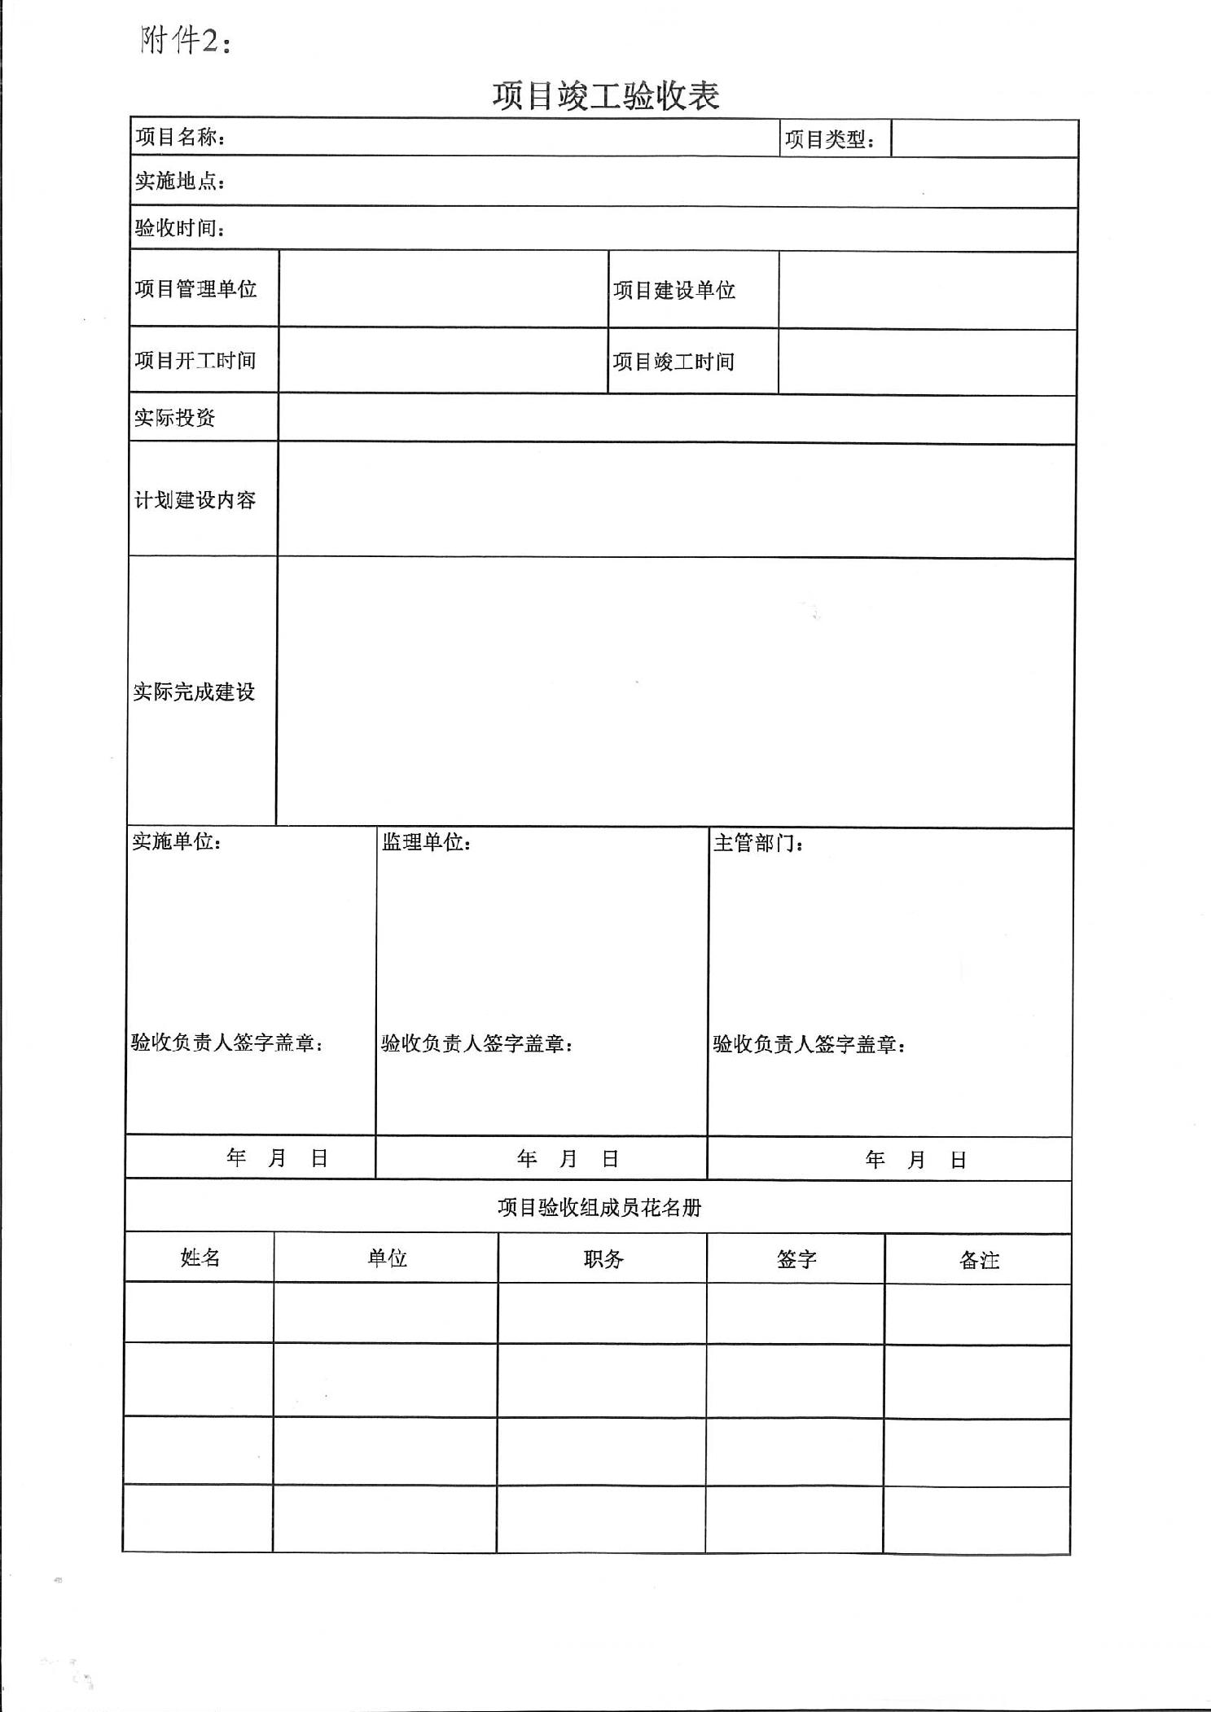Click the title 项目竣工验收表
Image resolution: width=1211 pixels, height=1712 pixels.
pyautogui.click(x=605, y=96)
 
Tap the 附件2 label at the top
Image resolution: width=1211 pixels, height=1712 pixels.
pyautogui.click(x=185, y=40)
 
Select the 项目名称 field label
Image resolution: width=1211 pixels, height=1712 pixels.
pyautogui.click(x=180, y=137)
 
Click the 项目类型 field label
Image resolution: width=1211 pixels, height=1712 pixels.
pyautogui.click(x=829, y=139)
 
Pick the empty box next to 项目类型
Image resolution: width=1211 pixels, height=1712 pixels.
pyautogui.click(x=984, y=138)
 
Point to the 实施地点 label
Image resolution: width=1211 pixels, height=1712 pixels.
pyautogui.click(x=179, y=181)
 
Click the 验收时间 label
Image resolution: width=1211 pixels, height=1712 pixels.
pyautogui.click(x=179, y=227)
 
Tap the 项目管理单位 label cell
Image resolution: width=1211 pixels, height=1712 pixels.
pyautogui.click(x=195, y=289)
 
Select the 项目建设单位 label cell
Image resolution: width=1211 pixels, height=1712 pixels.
pyautogui.click(x=674, y=290)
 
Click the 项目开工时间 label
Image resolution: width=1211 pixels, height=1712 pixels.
pyautogui.click(x=195, y=360)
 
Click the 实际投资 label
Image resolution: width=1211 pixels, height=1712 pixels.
pyautogui.click(x=174, y=418)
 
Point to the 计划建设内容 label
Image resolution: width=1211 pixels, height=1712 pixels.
pyautogui.click(x=195, y=499)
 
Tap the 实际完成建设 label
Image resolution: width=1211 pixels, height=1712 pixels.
pyautogui.click(x=194, y=691)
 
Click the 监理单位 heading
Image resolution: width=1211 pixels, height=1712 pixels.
pyautogui.click(x=426, y=841)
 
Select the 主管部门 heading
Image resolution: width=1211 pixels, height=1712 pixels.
pyautogui.click(x=758, y=843)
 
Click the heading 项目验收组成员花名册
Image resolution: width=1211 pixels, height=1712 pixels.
pyautogui.click(x=599, y=1207)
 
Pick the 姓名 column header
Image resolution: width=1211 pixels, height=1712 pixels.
pyautogui.click(x=200, y=1258)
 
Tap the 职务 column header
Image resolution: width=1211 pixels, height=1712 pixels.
pyautogui.click(x=603, y=1259)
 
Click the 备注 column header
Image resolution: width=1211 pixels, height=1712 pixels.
pyautogui.click(x=978, y=1261)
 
